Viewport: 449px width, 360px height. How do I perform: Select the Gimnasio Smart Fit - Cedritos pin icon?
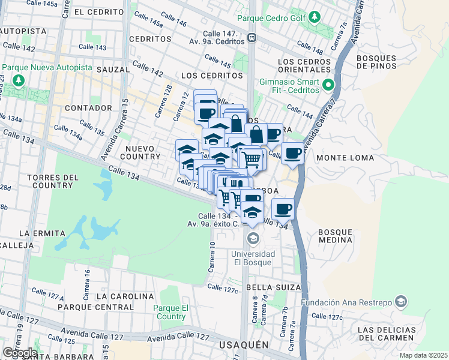[328, 85]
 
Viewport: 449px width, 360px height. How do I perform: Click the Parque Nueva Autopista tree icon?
[19, 80]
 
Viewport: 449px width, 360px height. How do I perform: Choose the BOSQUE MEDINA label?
[335, 236]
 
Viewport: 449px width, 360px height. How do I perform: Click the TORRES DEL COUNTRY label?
[53, 181]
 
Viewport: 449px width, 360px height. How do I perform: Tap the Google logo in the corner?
[20, 353]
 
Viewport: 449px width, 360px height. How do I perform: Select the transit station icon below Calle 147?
[253, 37]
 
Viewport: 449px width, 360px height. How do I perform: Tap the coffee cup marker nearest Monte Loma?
[292, 154]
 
